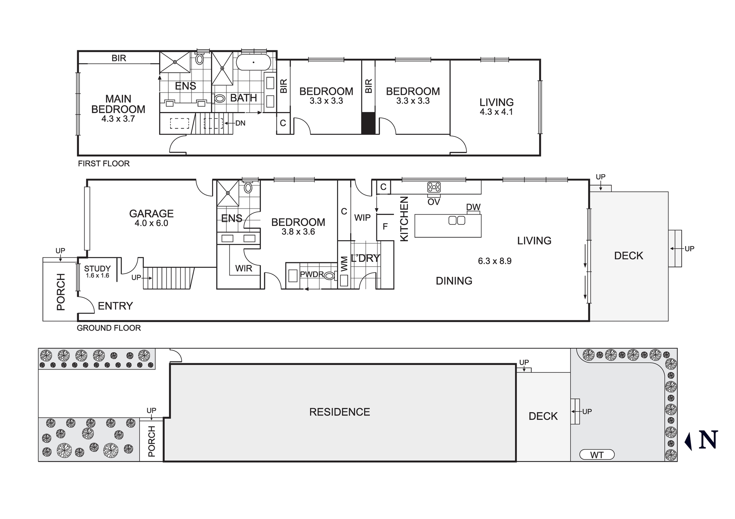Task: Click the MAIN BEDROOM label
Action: click(x=118, y=104)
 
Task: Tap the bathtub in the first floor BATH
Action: click(x=254, y=62)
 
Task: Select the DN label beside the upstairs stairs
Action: click(x=240, y=123)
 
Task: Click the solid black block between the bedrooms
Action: click(x=368, y=123)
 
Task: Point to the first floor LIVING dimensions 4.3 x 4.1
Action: click(x=496, y=112)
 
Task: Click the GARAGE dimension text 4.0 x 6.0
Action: click(x=151, y=223)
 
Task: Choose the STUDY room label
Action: click(x=97, y=268)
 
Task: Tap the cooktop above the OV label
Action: click(x=434, y=187)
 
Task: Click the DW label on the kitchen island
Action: click(x=473, y=207)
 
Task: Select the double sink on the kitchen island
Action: click(x=457, y=220)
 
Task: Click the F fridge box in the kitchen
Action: click(x=385, y=227)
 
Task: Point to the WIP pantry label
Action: click(x=362, y=218)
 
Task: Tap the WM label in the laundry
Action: click(x=344, y=264)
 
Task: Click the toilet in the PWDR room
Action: click(x=330, y=275)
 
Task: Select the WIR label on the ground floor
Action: click(x=244, y=268)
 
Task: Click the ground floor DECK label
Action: click(x=628, y=256)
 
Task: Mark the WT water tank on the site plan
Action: click(x=596, y=455)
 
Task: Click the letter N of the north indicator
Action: click(x=708, y=440)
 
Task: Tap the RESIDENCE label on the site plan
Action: click(x=339, y=412)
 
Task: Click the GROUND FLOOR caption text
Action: click(x=108, y=328)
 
